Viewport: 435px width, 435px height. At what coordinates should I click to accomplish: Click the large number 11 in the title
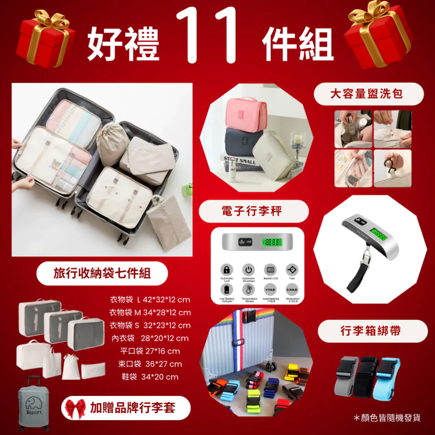[207, 36]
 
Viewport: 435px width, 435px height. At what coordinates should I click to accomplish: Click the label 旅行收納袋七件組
[102, 273]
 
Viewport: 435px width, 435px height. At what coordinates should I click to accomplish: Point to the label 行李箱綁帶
[371, 331]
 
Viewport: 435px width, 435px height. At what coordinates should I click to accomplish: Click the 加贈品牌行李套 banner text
[133, 408]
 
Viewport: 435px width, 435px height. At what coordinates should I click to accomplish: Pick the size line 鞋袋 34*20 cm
[149, 377]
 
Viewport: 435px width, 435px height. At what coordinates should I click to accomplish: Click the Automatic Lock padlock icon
[227, 270]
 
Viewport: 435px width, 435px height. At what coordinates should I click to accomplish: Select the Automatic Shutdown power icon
[249, 270]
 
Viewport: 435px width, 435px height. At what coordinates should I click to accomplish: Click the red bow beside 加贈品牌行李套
[76, 409]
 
